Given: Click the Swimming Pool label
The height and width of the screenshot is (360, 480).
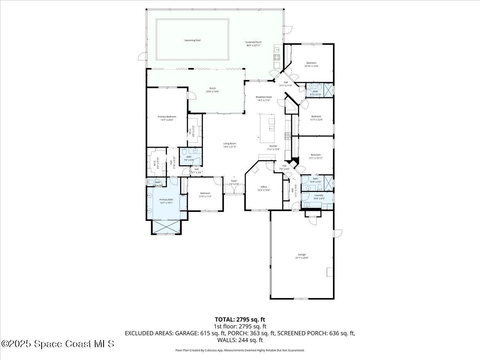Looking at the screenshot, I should (x=192, y=40).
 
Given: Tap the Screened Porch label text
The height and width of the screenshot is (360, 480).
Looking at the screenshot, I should (x=253, y=44).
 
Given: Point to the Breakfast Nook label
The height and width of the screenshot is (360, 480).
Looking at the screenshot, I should (x=263, y=98).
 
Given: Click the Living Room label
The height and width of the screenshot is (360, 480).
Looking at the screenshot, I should (x=230, y=145).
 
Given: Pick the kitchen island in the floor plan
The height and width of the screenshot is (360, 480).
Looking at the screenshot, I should (x=268, y=128).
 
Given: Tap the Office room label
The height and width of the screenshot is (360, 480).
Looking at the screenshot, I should (x=264, y=188).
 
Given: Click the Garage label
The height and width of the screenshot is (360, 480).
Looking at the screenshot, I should (x=302, y=256).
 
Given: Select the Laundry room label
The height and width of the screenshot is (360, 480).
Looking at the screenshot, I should (x=319, y=197).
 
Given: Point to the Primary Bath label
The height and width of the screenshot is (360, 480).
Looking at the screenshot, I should (x=166, y=201).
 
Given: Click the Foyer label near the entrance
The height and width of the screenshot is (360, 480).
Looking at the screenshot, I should (x=234, y=182).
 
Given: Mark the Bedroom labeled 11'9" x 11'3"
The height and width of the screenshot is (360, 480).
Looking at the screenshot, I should (x=205, y=194).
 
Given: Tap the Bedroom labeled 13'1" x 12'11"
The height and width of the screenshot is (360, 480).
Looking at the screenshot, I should (x=316, y=156).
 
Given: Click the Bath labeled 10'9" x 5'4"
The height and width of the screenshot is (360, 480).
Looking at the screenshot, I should (x=316, y=180).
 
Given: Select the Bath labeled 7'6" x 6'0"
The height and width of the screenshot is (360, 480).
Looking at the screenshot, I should (x=189, y=158).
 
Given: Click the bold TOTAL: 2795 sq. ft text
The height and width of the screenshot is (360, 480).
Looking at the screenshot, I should (x=240, y=319).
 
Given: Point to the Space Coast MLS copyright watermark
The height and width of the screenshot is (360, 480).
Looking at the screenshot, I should (x=58, y=344).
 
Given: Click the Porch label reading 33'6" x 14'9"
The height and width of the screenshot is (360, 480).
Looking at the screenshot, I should (x=212, y=90).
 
